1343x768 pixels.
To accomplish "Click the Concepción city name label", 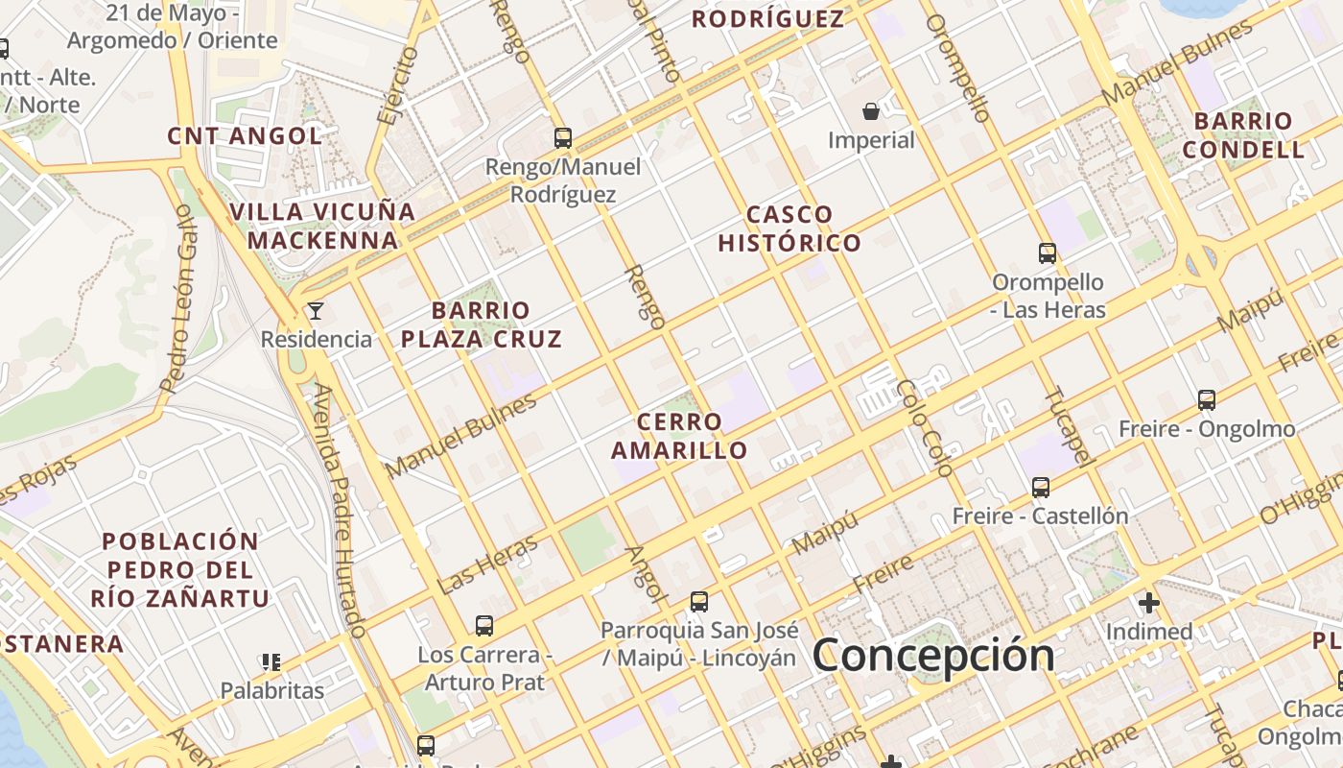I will point(933,655).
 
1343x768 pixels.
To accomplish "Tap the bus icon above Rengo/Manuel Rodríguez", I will point(563,138).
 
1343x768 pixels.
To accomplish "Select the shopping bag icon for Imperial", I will point(871,112).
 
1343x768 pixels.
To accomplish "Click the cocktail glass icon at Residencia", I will point(315,311).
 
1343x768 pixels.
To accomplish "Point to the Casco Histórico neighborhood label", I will point(789,228).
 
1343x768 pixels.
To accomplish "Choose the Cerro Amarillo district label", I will point(679,436).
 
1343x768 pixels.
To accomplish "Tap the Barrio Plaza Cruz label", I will point(481,324).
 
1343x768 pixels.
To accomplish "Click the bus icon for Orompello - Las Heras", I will point(1048,253).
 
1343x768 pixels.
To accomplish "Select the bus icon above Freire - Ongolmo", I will point(1207,399).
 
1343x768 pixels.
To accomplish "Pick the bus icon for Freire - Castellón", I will point(1041,488).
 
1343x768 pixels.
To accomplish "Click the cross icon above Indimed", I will point(1148,603).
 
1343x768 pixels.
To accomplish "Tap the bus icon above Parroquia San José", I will point(699,602).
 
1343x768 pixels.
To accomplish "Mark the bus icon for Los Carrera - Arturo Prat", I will point(484,626).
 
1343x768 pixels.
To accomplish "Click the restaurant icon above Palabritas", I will point(271,661).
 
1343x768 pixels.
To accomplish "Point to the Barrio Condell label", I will point(1243,135).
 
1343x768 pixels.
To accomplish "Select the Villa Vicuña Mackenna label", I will point(322,226).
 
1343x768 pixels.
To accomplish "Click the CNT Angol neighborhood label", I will point(245,135).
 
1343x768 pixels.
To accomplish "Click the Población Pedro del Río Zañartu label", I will point(180,569).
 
